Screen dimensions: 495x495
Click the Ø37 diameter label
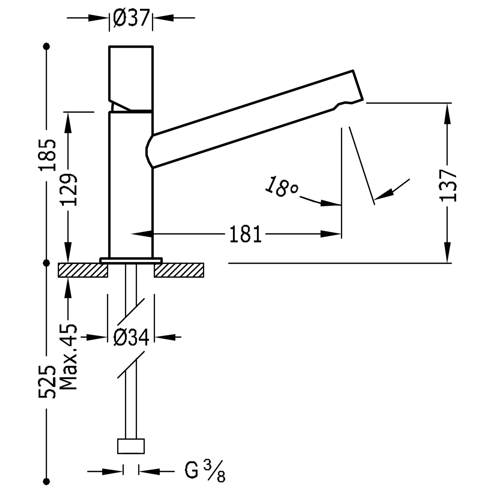pos(131,18)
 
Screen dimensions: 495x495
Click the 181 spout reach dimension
pos(245,235)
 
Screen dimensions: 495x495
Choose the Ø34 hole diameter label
pos(131,337)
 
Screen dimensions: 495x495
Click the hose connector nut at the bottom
pos(131,446)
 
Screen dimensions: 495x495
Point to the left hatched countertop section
pos(82,270)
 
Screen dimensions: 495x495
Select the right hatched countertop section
pos(179,270)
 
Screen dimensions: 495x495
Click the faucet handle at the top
pos(131,78)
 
